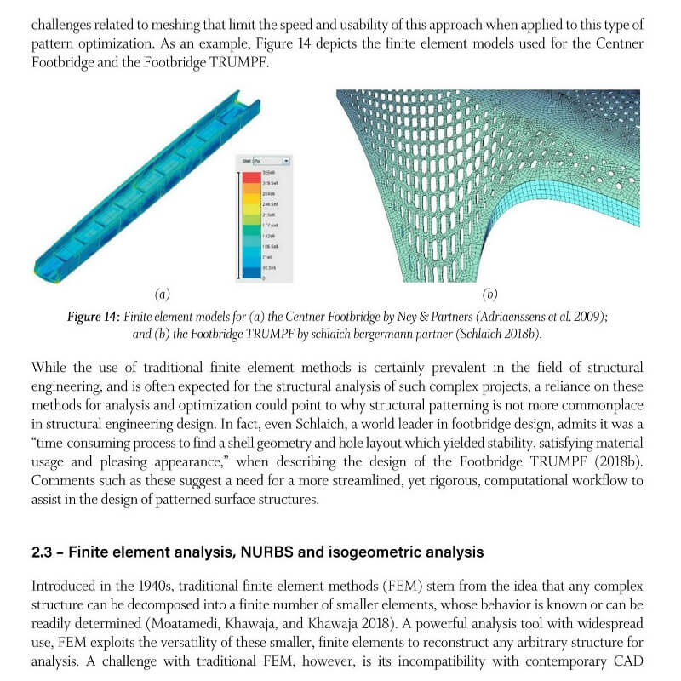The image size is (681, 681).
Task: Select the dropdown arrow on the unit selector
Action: [x=286, y=160]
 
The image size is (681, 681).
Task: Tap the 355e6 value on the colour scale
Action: [x=268, y=172]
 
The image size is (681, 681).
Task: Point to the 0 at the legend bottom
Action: [x=264, y=278]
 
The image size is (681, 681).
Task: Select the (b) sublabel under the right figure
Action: [x=489, y=295]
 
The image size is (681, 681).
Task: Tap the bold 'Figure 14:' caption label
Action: [x=94, y=316]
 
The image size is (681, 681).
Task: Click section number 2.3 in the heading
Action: [x=43, y=552]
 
